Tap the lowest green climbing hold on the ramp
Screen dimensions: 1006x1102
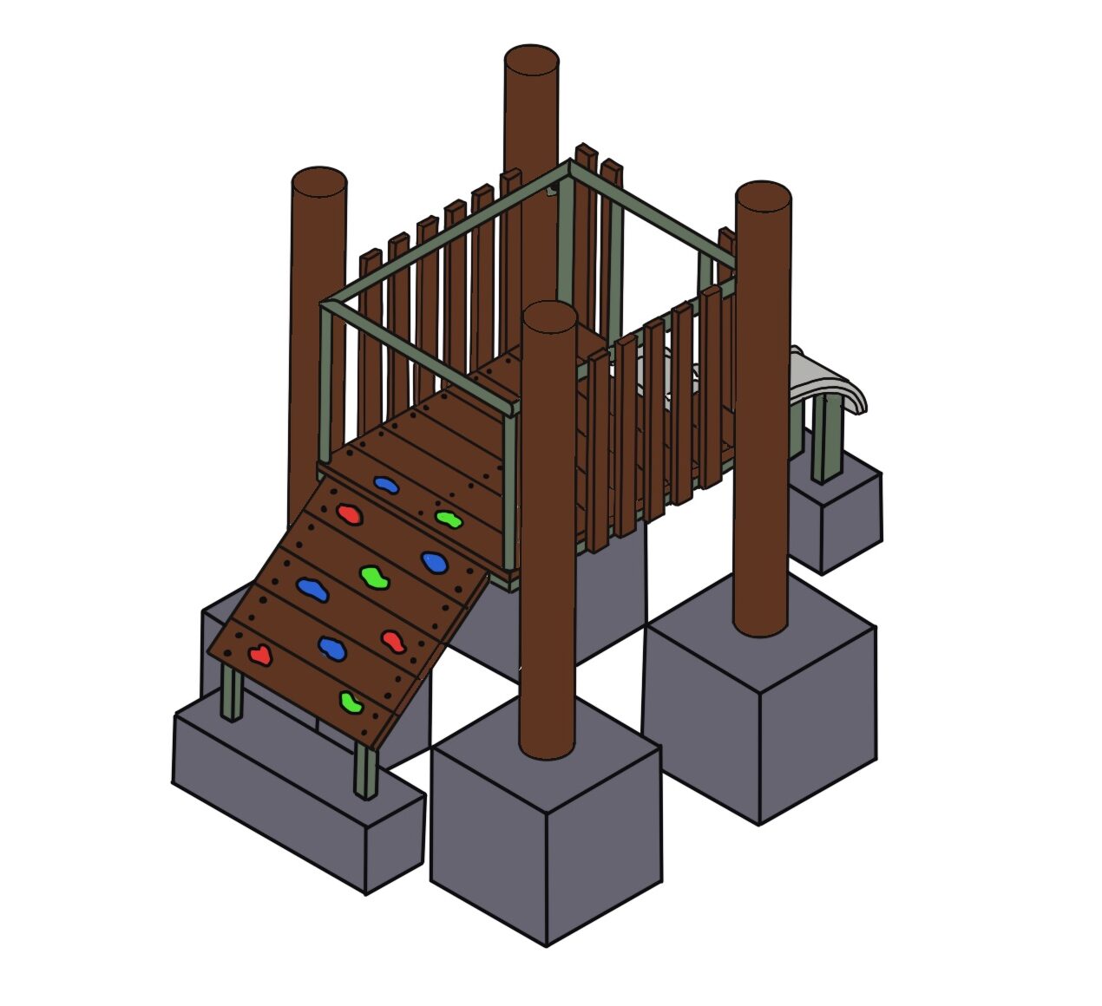tap(351, 702)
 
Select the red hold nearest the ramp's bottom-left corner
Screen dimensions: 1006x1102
tap(259, 655)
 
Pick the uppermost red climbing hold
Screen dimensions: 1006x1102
tap(349, 514)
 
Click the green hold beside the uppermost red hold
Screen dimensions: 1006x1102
tap(448, 519)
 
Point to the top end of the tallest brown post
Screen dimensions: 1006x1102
tap(531, 62)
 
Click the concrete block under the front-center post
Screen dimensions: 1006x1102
tap(546, 833)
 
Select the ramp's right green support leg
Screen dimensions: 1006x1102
tap(365, 772)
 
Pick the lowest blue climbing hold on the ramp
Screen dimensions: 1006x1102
tap(331, 646)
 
